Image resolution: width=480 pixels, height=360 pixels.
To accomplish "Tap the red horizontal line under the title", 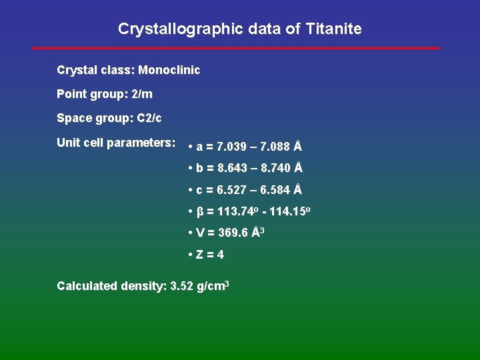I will click(x=237, y=48).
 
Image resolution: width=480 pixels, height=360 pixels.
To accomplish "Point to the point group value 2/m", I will click(x=142, y=94).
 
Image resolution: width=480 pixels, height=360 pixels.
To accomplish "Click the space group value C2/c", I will click(x=149, y=118).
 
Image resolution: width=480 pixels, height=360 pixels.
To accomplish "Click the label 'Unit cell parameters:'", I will click(x=116, y=143).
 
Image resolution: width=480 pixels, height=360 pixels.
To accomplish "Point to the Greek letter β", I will click(x=200, y=212).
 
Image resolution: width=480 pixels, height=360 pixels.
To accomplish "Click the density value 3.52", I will click(x=182, y=286).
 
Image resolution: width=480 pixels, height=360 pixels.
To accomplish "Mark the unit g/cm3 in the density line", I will click(x=213, y=286).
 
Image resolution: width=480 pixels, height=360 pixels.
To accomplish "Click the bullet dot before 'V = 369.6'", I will click(x=191, y=233).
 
